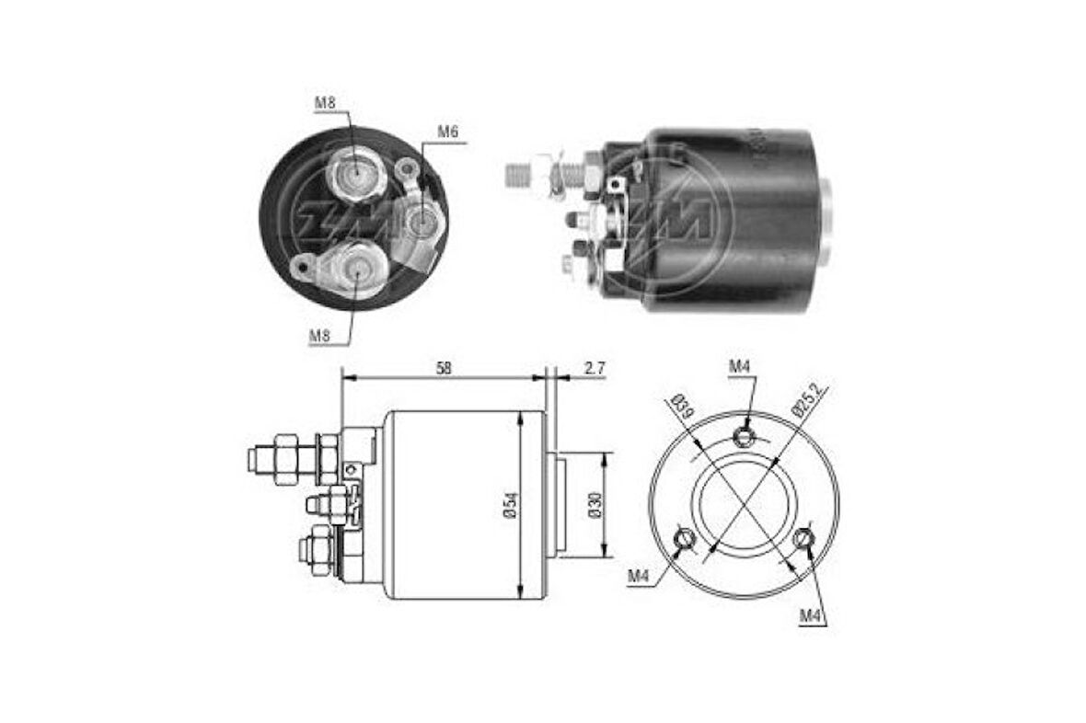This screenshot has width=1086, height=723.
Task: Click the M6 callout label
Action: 447,132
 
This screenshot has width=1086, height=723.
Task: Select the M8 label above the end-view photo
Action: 324,103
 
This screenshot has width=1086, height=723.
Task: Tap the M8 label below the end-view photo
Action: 319,336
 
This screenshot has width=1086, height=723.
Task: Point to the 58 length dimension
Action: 444,367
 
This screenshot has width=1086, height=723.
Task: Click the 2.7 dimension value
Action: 595,367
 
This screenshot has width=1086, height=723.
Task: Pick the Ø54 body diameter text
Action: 509,504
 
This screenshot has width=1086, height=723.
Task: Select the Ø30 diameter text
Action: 595,504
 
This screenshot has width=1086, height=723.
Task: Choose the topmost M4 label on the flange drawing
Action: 740,367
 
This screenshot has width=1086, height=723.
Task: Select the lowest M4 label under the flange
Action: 810,615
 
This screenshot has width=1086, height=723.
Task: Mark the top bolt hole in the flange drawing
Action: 745,435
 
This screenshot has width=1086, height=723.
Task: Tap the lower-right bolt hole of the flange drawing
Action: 804,538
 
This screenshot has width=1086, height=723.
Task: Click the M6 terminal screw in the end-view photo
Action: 420,221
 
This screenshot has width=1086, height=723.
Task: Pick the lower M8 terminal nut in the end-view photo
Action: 357,268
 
